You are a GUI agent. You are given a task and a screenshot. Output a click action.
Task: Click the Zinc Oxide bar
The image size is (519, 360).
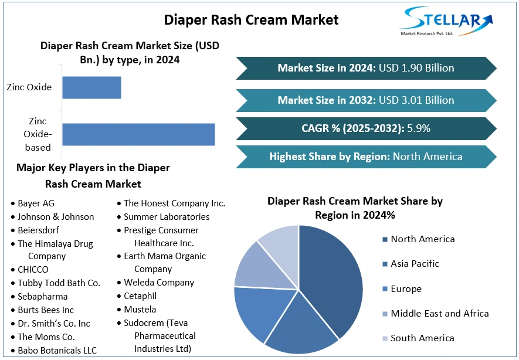91,87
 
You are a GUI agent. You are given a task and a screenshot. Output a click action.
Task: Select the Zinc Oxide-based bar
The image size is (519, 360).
138,134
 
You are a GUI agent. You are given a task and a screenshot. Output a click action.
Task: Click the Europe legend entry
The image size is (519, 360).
406,288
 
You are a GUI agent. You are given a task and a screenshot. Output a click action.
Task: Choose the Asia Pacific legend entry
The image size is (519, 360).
415,264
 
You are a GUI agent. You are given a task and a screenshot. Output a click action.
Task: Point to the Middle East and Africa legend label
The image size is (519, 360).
439,313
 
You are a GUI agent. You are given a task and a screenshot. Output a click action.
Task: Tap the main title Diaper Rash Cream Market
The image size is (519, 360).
251,19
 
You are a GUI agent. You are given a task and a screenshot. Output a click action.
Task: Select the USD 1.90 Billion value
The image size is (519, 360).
416,68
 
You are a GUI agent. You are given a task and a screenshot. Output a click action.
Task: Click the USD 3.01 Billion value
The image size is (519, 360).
416,100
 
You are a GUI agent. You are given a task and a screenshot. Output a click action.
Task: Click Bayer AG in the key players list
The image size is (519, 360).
36,203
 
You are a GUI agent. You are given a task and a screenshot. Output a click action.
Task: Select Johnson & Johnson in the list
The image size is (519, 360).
56,217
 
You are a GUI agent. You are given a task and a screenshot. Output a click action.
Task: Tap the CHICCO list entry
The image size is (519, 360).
33,270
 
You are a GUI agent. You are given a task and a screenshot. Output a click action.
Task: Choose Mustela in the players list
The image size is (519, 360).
140,310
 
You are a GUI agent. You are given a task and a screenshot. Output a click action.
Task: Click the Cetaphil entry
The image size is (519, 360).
140,296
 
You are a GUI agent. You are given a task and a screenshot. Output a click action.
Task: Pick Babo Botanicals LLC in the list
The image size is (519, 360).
57,351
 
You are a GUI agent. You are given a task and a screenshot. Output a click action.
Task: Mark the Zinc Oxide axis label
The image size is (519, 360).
29,87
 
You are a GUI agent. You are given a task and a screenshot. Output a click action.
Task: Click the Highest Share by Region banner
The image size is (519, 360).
365,157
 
